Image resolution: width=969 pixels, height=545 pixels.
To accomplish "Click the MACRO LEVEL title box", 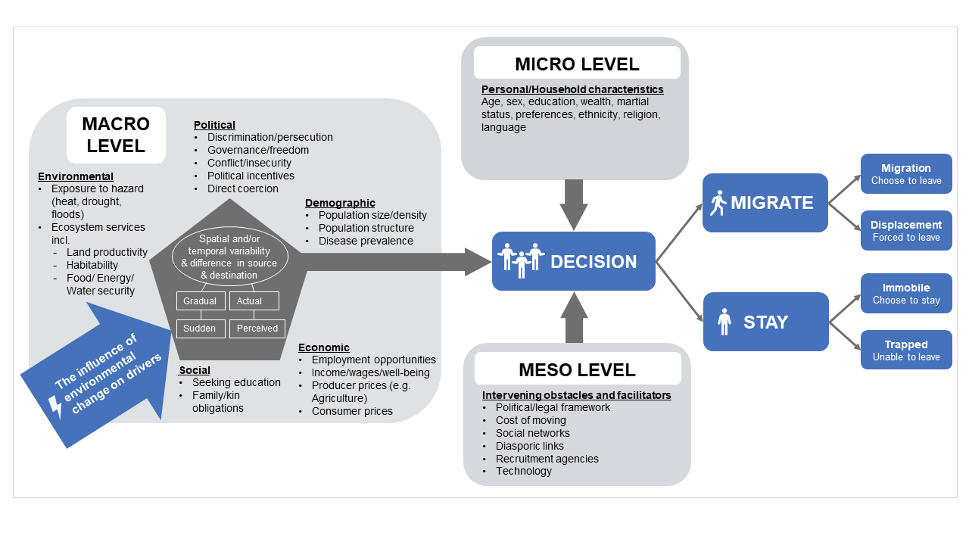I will point(116,135).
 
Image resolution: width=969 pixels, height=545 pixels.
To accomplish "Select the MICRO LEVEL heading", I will point(577,64).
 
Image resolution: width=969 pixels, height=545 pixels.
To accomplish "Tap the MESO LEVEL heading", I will point(577,369).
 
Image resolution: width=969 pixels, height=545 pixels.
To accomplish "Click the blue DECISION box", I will point(573,261).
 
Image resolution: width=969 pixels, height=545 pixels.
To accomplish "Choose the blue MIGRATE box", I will point(765,203).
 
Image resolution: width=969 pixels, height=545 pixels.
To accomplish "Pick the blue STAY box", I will point(765,322).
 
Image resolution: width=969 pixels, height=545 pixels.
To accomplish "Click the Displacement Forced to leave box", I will point(905,231).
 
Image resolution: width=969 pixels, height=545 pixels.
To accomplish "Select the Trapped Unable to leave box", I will point(905,350).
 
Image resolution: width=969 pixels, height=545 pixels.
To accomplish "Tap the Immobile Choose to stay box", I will point(905,293).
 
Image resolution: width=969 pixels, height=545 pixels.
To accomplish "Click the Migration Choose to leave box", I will point(905,174).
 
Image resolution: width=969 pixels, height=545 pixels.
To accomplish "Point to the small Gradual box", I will point(201,301).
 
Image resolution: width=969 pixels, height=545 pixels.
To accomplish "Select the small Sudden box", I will point(201,329).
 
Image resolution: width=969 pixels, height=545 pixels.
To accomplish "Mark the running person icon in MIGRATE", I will point(718,203).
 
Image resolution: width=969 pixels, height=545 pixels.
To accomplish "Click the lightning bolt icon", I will point(55,406).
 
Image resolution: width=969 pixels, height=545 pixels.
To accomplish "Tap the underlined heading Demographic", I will point(340,203).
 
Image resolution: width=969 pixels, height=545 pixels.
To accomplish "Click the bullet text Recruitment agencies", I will point(547,459).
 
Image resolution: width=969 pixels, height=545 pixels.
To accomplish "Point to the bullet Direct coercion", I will point(242,188).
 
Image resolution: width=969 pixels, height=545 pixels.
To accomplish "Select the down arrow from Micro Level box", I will point(574,204).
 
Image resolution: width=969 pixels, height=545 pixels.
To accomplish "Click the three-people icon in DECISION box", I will point(521,260).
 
